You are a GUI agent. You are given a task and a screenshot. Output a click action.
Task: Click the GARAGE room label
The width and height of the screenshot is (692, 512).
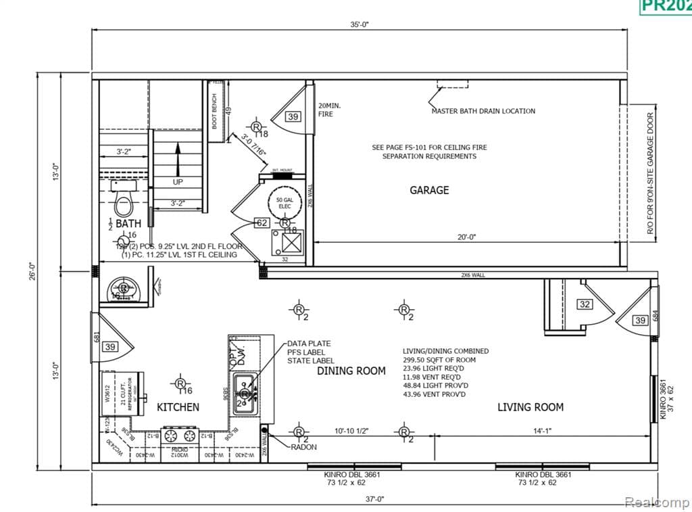[429, 190]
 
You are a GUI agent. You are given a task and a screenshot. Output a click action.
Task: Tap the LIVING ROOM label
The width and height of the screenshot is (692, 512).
[530, 406]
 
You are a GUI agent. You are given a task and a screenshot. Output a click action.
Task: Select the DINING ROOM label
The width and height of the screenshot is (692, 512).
[351, 371]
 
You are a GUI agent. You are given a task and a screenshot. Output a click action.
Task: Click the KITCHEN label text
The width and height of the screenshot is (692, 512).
[178, 407]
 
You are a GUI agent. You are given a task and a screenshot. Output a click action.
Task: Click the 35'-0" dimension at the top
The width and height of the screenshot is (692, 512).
[360, 24]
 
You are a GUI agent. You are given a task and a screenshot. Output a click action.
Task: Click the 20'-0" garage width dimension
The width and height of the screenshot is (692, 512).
[467, 237]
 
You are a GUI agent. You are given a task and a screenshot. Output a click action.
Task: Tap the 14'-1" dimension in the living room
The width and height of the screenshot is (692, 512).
[541, 430]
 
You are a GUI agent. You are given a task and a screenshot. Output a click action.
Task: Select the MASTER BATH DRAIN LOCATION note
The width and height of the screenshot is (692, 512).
[483, 111]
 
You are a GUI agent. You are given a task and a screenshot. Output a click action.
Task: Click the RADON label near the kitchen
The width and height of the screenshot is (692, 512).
[303, 447]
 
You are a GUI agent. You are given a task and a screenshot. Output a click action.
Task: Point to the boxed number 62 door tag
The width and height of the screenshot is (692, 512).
[262, 222]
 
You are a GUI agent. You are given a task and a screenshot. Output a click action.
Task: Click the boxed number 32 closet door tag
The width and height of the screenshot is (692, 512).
[585, 304]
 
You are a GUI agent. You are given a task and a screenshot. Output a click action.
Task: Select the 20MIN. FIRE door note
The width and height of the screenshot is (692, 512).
[326, 110]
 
